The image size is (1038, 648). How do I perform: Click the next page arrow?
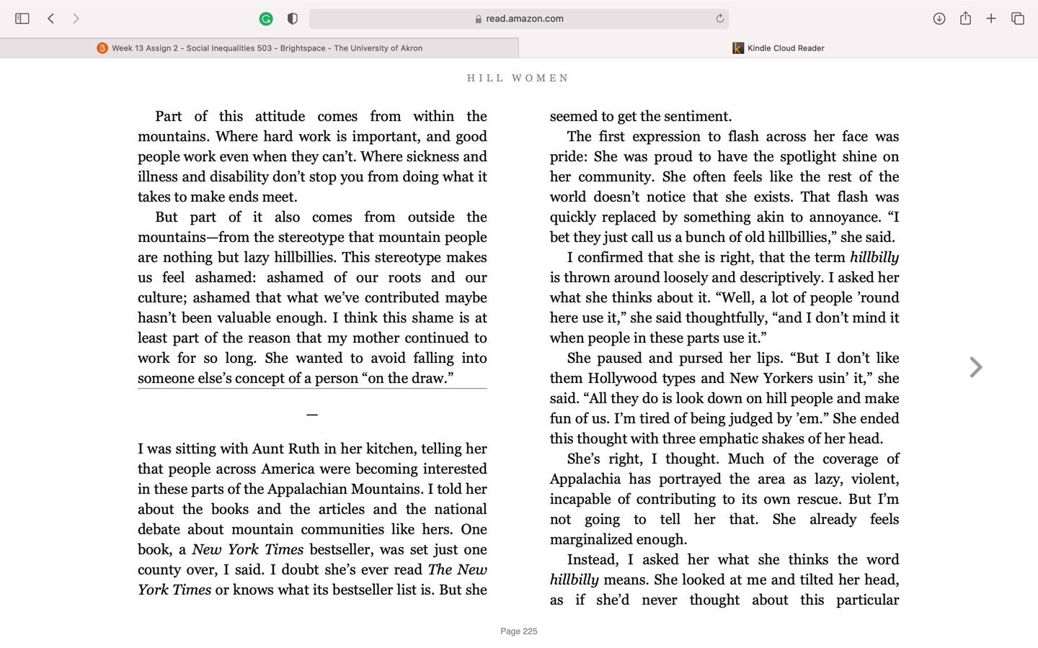(976, 367)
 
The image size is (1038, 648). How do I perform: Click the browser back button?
(51, 19)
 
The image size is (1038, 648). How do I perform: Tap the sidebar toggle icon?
(22, 19)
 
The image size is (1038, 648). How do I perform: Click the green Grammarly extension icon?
(266, 19)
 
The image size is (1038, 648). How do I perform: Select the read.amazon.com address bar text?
(524, 19)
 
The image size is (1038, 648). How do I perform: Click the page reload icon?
(719, 19)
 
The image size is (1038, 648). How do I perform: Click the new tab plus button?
(991, 19)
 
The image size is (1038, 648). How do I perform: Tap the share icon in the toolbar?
(965, 19)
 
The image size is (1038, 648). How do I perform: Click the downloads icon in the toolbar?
(939, 19)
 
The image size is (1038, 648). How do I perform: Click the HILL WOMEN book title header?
(518, 78)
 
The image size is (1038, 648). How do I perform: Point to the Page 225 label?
(519, 631)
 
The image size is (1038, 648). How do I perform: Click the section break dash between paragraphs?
(312, 415)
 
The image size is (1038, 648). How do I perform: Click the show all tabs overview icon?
(1017, 19)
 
